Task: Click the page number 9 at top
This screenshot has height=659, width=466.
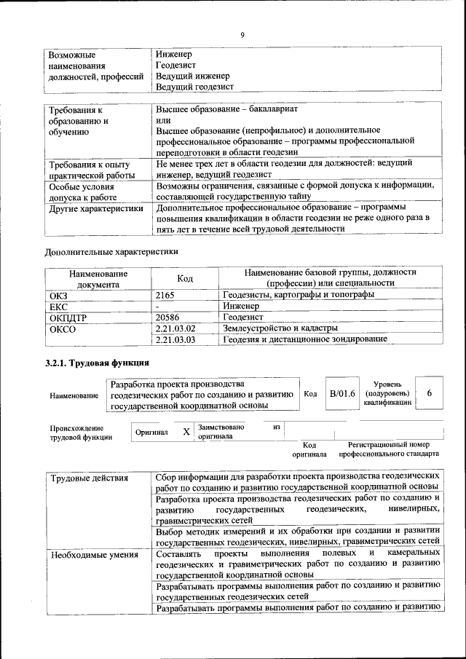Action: coord(242,35)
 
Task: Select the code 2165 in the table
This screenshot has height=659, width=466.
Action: coord(167,295)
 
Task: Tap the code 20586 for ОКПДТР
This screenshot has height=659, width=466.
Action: coord(168,317)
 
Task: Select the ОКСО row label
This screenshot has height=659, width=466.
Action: coord(62,328)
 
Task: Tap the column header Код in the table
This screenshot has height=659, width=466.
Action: coord(185,278)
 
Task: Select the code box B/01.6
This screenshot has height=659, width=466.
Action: coord(341,394)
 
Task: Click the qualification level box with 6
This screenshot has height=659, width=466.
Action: coord(430,393)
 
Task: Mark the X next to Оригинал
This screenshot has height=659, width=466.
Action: coord(186,433)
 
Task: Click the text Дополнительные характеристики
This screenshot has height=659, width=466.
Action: coord(111,252)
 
